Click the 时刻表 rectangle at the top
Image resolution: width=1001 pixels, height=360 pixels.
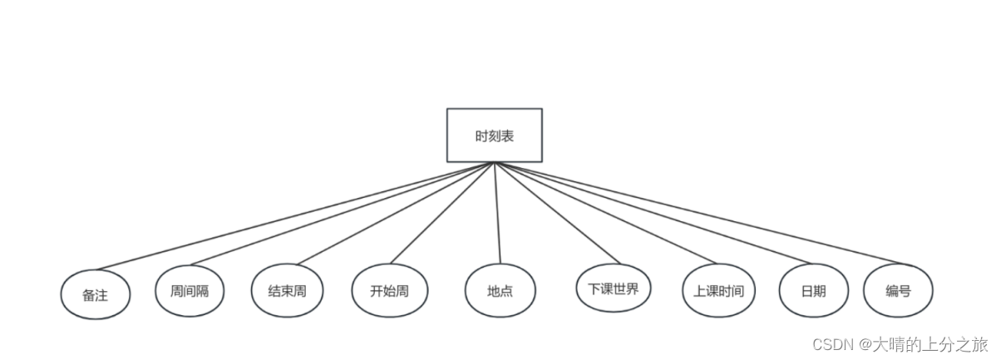tap(494, 135)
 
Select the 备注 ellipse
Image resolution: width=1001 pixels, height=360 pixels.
tap(96, 294)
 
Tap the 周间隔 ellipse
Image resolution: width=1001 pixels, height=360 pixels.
tap(190, 290)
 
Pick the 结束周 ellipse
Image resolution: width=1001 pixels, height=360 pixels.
tap(287, 291)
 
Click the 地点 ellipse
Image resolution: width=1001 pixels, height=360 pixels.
tap(500, 291)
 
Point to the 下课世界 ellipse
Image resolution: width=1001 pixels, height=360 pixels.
tap(613, 288)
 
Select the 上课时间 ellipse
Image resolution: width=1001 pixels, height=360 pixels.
tap(718, 291)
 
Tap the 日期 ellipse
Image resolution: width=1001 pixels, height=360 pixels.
tap(813, 291)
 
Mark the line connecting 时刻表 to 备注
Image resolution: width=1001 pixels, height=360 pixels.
tap(295, 216)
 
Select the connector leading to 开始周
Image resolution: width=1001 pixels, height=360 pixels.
tap(442, 214)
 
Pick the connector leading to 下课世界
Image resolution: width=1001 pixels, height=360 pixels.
tap(552, 214)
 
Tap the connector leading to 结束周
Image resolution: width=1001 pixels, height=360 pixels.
tap(392, 214)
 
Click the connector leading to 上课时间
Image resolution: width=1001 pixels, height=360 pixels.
tap(604, 214)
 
